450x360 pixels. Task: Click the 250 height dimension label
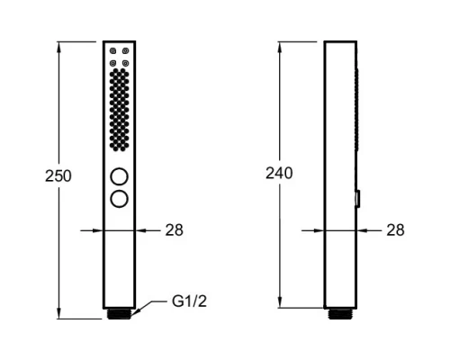[x=58, y=176]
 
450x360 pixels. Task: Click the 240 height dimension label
[x=279, y=174]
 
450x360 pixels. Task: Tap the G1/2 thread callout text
[x=189, y=301]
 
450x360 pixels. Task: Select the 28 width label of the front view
[x=174, y=230]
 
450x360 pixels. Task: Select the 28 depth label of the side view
[x=395, y=230]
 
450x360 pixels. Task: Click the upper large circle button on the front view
[x=120, y=176]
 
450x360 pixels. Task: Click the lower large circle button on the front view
[x=120, y=199]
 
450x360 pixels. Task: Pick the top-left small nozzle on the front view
[x=112, y=51]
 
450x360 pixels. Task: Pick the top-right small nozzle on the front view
[x=126, y=51]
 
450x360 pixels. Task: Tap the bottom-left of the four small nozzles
[x=112, y=63]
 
